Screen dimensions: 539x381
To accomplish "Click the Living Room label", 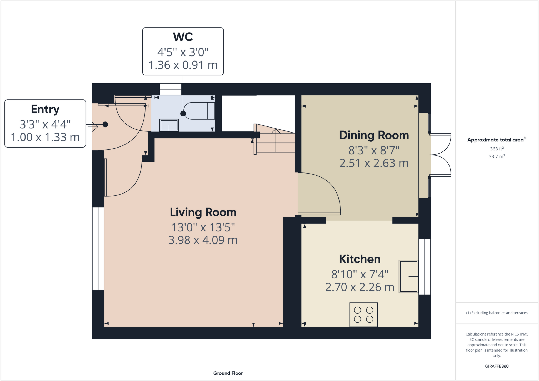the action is (x=203, y=212).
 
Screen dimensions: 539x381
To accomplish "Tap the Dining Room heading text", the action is (x=374, y=135).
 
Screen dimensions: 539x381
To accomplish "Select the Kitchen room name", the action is (x=360, y=259).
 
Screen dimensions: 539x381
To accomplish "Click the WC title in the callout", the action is (x=183, y=37).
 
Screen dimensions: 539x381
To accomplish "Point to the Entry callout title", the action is (x=45, y=110).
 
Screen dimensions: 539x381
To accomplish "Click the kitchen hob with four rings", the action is (x=363, y=315).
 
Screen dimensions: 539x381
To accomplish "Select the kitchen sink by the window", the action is (x=409, y=276).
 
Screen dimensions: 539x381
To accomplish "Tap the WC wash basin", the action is (x=169, y=125).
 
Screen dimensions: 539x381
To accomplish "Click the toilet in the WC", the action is (x=199, y=111).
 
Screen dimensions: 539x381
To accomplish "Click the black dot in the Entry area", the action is (x=105, y=125).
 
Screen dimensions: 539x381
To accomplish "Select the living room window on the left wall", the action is (x=98, y=249).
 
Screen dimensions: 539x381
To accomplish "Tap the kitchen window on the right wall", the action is (x=425, y=267).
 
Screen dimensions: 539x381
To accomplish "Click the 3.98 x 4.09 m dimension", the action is (x=203, y=240).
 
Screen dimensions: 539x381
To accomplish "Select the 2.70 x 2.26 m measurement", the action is (x=360, y=287).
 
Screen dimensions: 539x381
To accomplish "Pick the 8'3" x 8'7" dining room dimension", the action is (x=374, y=151).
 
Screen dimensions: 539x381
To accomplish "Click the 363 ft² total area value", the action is (x=497, y=149).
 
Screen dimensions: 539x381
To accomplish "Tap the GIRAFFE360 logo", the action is (x=497, y=366).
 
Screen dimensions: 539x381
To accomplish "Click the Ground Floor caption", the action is (x=228, y=373).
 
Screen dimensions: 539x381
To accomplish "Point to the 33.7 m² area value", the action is (x=497, y=156).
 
